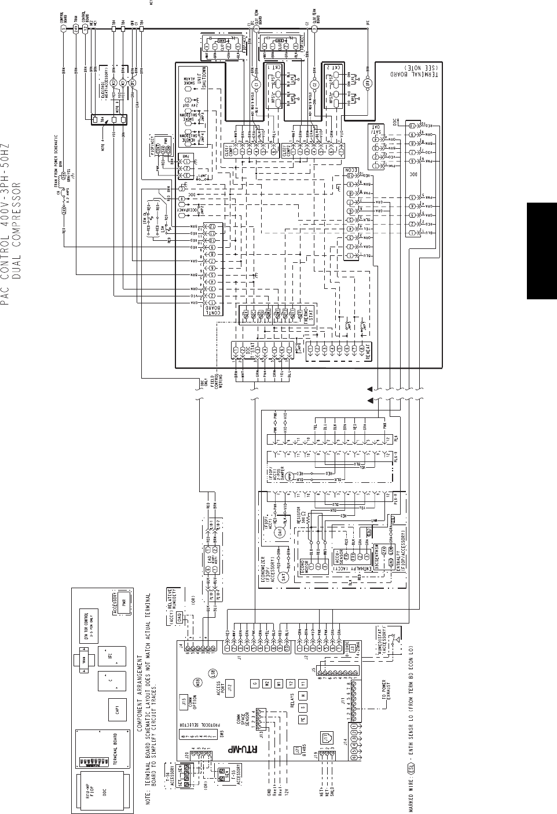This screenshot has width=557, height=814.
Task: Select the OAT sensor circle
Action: click(279, 534)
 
